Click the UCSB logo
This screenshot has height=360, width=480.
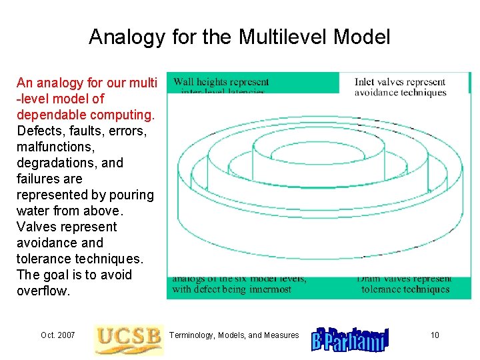click(x=128, y=339)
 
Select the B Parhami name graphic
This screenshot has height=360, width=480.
click(x=350, y=339)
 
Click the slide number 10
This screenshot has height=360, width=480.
click(x=435, y=335)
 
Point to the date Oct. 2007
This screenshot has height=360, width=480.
click(x=57, y=335)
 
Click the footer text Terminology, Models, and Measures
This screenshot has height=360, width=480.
click(x=235, y=335)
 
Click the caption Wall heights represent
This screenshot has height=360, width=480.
click(x=221, y=82)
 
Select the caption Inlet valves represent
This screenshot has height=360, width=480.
click(x=400, y=82)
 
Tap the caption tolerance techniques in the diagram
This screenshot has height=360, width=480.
click(x=405, y=289)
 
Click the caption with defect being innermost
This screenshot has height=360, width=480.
click(x=231, y=289)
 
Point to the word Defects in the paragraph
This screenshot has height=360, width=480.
click(x=38, y=131)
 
